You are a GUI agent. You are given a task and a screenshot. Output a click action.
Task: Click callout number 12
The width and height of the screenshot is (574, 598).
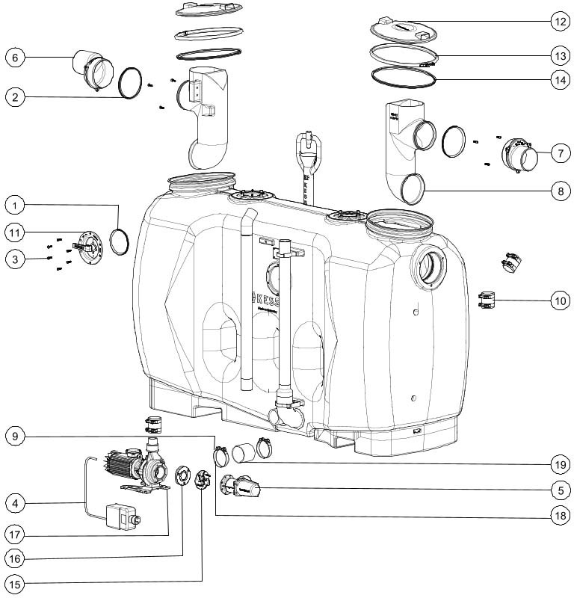click(560, 22)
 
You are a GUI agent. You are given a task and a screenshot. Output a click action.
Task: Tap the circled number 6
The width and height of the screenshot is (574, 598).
click(15, 57)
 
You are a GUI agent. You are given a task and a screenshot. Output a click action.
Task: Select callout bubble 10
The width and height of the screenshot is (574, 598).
click(560, 301)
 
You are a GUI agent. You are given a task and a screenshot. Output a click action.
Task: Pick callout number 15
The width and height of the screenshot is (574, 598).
click(15, 581)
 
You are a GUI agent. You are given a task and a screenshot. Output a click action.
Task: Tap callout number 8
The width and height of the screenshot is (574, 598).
click(560, 191)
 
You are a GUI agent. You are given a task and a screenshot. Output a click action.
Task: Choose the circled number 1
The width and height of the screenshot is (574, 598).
click(15, 204)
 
